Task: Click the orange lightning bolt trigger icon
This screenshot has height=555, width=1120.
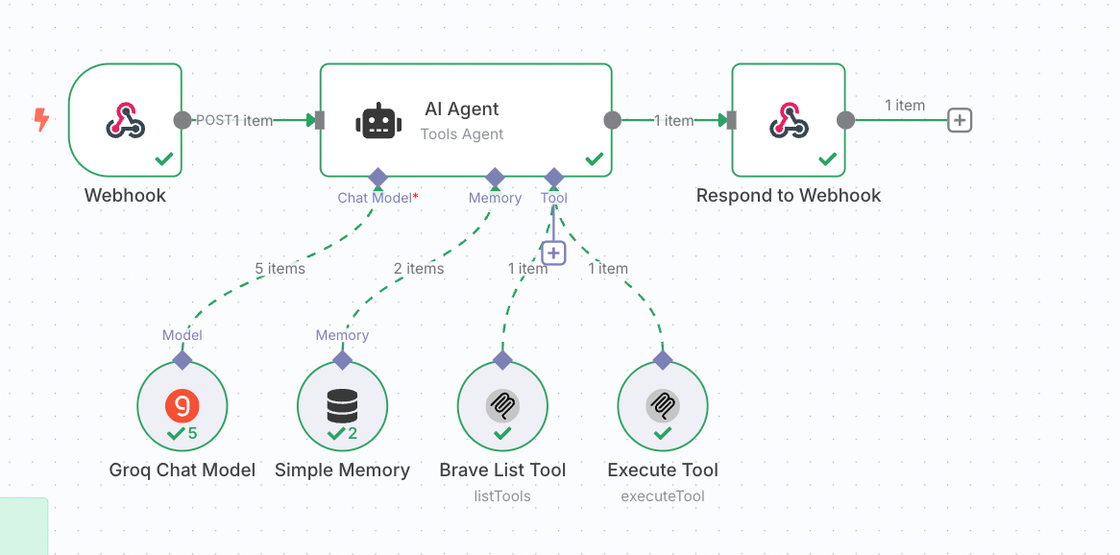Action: [41, 120]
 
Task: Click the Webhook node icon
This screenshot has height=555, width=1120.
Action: [125, 121]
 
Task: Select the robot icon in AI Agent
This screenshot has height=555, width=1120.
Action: [378, 121]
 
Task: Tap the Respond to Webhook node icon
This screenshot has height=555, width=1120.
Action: [789, 121]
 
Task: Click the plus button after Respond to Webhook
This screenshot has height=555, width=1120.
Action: [960, 120]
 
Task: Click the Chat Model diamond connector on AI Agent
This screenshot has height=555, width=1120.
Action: [377, 178]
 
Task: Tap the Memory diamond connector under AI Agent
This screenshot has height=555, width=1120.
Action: [495, 178]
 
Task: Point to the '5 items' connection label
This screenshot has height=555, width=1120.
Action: [280, 269]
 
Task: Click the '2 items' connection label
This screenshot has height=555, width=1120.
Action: [419, 269]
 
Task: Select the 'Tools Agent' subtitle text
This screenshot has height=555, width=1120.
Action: [462, 134]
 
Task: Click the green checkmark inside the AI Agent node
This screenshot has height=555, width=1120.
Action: [595, 158]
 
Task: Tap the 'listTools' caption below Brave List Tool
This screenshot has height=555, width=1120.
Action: [502, 496]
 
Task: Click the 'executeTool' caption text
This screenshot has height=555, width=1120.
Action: [663, 496]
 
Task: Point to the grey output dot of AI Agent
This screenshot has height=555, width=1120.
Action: [613, 120]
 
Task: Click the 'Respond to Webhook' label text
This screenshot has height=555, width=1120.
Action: [789, 196]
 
